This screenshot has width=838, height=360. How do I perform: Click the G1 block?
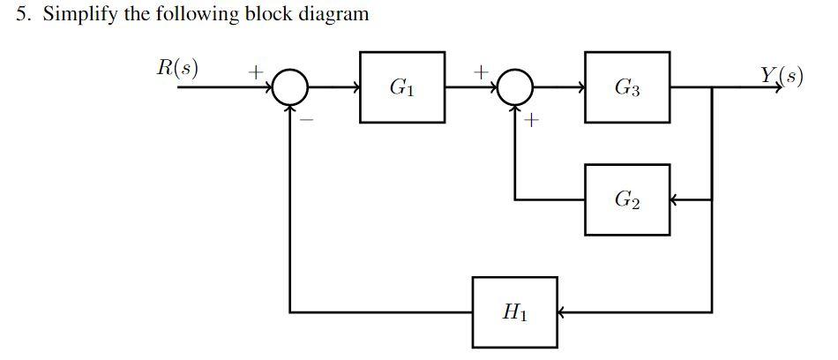tap(402, 87)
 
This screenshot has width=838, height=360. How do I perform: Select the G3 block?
tap(627, 87)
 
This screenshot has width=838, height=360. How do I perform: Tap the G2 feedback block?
tap(627, 199)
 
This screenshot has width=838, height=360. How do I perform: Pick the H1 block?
tap(514, 311)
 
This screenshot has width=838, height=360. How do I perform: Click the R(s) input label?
tap(176, 69)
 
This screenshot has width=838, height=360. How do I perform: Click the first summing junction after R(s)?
tap(290, 87)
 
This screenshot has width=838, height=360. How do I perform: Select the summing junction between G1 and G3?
tap(515, 87)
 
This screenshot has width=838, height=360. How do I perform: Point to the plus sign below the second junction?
tap(531, 123)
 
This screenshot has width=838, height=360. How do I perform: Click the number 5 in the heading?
tap(22, 15)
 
